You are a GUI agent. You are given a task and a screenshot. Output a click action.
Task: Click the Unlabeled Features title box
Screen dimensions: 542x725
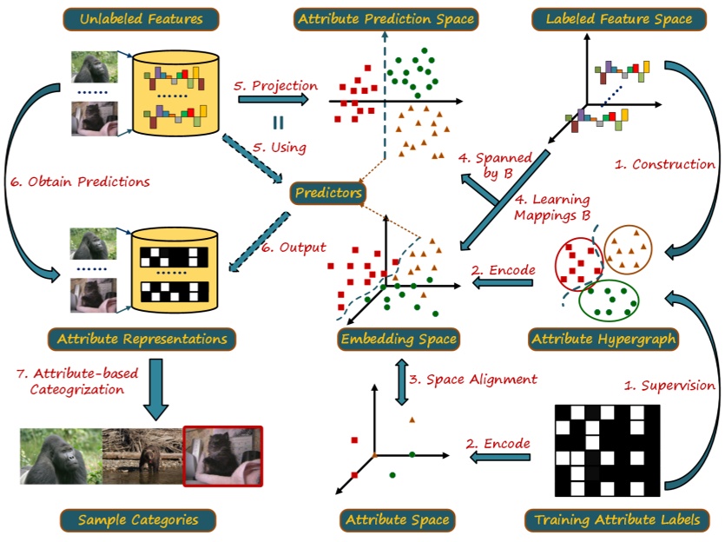point(142,18)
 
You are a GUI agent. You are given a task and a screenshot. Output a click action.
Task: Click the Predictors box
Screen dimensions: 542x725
point(328,193)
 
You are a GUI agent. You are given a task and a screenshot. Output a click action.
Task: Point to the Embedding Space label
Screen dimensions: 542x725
point(398,338)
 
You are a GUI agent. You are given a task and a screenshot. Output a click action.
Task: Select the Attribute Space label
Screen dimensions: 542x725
point(397,520)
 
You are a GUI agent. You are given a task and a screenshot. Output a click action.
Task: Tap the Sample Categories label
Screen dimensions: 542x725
point(138,520)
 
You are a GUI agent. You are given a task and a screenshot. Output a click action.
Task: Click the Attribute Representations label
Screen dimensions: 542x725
point(142,338)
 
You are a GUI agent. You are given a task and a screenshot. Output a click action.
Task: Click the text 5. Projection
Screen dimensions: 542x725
point(276,85)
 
